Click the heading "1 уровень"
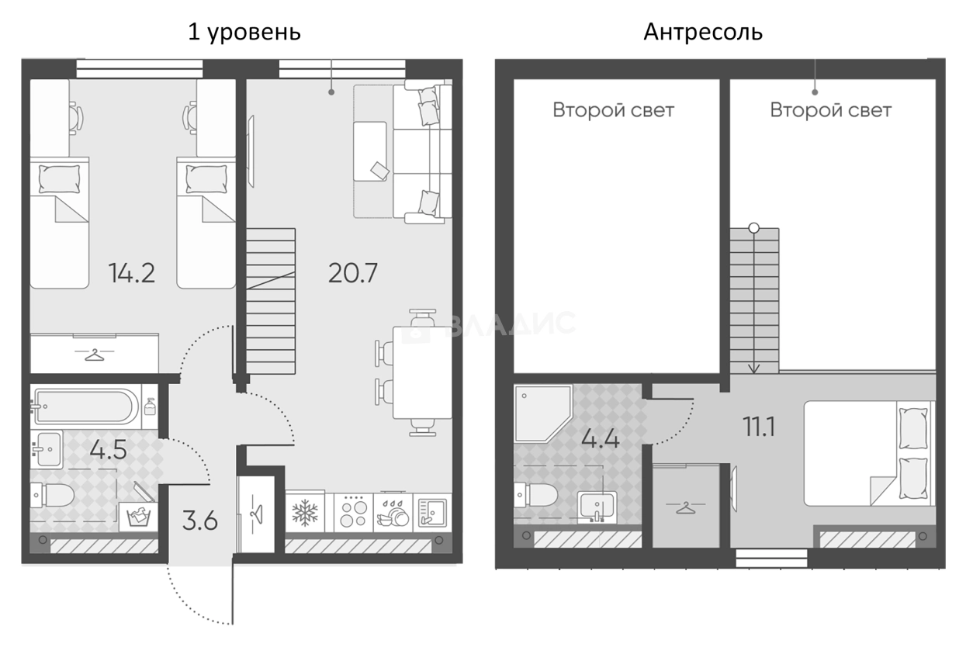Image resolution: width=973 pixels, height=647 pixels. [244, 33]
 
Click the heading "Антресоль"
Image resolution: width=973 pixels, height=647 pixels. [703, 32]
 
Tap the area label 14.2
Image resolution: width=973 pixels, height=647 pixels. [131, 274]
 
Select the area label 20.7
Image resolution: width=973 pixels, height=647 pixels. [353, 274]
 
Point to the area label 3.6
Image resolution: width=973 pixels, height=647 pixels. [200, 521]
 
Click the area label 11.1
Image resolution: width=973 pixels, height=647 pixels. [759, 427]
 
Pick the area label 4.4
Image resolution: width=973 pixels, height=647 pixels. [601, 439]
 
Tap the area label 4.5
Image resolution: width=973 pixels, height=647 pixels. [108, 450]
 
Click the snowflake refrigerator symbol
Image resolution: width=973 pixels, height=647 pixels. [305, 513]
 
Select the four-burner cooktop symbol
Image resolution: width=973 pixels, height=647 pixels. [353, 513]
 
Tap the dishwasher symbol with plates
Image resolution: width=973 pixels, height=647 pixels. [393, 513]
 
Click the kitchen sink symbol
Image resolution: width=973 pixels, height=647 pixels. [432, 513]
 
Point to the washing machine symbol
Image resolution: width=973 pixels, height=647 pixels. [138, 517]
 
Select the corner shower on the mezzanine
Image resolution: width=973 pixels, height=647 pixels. [542, 413]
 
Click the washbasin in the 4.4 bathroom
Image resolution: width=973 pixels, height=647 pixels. [597, 507]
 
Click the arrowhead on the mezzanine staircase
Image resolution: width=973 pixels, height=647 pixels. [753, 368]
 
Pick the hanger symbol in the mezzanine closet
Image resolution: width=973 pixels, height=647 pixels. [686, 507]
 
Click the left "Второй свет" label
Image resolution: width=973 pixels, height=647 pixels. [613, 110]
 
